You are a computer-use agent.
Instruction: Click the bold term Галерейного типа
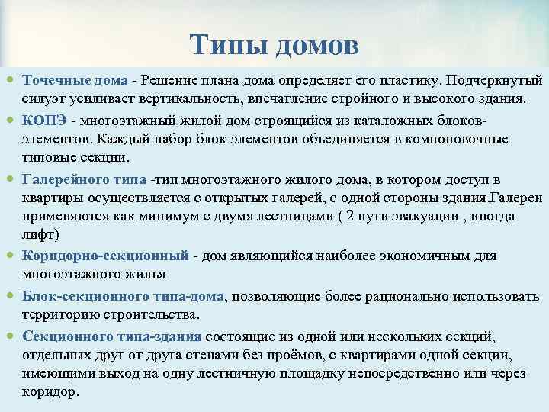click(x=85, y=179)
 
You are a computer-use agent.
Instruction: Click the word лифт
click(x=40, y=234)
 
